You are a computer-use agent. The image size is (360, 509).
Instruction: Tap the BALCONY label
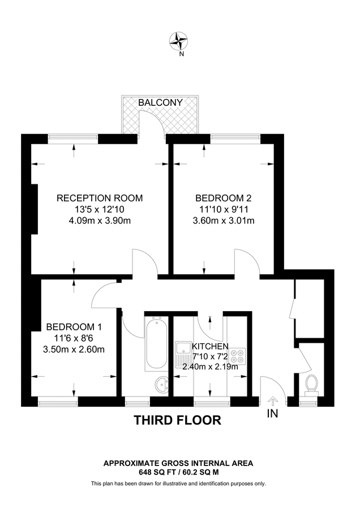161,102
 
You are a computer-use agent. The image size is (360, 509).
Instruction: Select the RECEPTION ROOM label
100,198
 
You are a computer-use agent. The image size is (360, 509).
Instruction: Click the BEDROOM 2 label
223,198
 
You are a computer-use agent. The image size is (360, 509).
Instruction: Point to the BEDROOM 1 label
74,327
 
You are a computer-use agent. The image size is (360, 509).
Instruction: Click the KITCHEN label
210,346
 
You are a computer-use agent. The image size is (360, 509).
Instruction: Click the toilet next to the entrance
310,385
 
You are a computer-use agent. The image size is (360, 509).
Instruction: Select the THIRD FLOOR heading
177,420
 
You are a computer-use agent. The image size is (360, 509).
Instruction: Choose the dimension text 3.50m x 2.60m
74,349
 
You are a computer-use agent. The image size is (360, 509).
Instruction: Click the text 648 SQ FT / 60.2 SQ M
178,471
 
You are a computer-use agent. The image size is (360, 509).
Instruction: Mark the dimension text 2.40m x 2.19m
210,366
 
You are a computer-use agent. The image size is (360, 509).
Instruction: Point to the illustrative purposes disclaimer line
178,484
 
